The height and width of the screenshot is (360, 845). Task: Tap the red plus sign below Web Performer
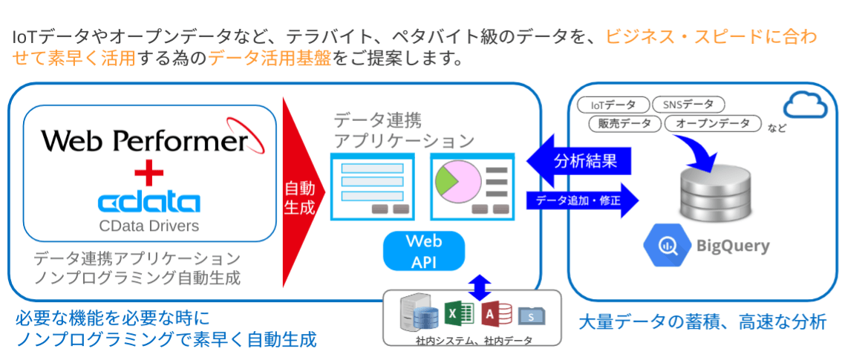point(149,174)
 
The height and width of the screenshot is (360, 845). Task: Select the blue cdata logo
point(149,202)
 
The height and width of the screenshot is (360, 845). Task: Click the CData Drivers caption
point(149,224)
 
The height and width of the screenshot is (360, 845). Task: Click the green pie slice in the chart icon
point(446,179)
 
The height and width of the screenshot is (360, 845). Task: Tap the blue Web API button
point(423,252)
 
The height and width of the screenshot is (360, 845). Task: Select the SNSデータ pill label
point(688,105)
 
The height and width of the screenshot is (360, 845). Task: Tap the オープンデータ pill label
point(712,124)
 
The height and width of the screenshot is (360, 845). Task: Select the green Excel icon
point(458,315)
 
